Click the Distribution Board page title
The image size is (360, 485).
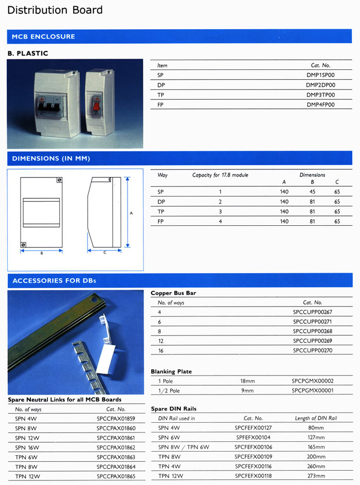tap(55, 10)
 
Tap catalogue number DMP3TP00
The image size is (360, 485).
tap(320, 95)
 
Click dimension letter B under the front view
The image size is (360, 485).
tap(41, 254)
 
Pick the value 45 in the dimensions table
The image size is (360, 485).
tap(312, 192)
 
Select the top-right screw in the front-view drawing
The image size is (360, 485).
tap(59, 181)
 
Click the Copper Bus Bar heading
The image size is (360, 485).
tap(173, 293)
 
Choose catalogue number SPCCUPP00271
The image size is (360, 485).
tap(312, 321)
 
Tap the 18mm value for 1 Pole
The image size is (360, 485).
tap(247, 381)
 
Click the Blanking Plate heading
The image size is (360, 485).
tap(171, 371)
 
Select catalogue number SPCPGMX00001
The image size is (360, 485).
tap(312, 391)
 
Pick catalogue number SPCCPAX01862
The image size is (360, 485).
tap(116, 447)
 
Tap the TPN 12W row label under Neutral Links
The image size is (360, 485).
tap(28, 476)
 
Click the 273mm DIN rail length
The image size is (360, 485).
tap(316, 476)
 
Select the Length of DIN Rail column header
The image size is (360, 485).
tap(316, 418)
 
